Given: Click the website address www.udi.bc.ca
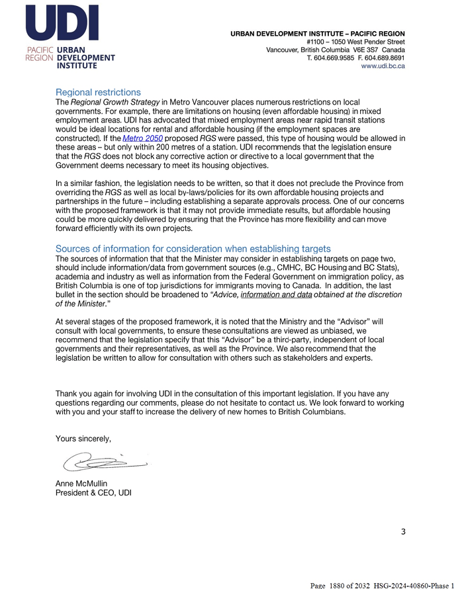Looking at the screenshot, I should tap(383, 66).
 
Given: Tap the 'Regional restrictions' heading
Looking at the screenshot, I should tap(98, 93).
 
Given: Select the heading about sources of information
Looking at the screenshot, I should tap(193, 249).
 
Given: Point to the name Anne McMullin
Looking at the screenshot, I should tap(81, 484).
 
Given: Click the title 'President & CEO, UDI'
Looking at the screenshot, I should tap(93, 493).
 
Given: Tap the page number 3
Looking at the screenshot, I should tap(403, 531).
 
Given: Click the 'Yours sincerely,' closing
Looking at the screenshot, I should tap(83, 438).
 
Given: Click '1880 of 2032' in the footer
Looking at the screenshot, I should tap(355, 586).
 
